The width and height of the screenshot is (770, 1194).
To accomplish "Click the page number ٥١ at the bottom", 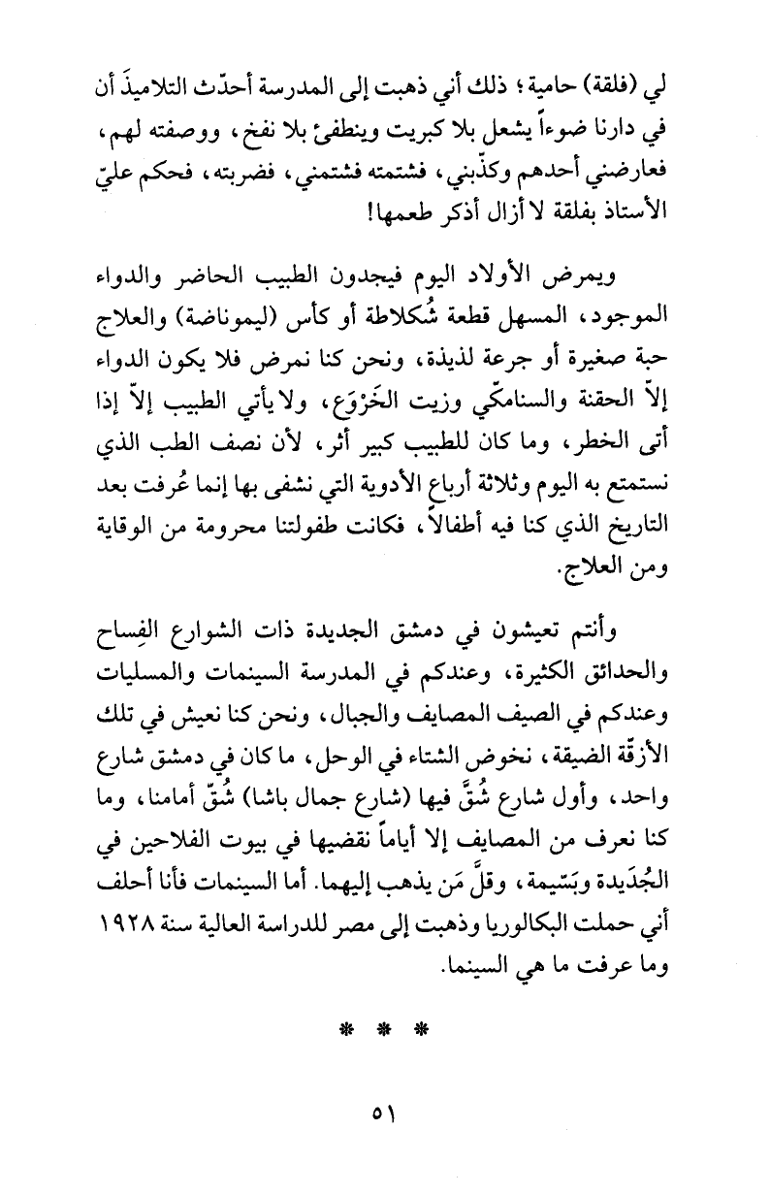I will click(384, 1131).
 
